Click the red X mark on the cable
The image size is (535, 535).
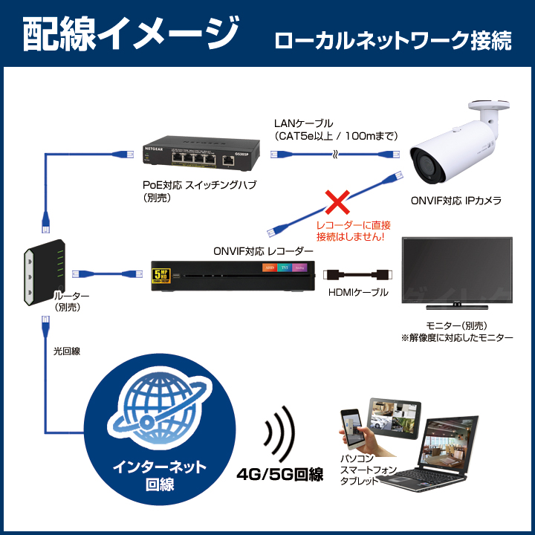[337, 202]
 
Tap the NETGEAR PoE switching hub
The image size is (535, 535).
[201, 153]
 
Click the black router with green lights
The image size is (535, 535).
[45, 272]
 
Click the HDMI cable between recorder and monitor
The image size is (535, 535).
[357, 274]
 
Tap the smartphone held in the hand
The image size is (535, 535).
[351, 429]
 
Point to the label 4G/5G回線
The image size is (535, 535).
[280, 474]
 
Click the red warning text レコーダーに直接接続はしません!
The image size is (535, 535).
[353, 230]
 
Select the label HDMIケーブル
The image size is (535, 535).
[358, 292]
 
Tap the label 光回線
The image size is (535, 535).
[67, 351]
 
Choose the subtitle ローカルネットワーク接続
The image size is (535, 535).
[393, 40]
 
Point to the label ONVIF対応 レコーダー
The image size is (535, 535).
[263, 251]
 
